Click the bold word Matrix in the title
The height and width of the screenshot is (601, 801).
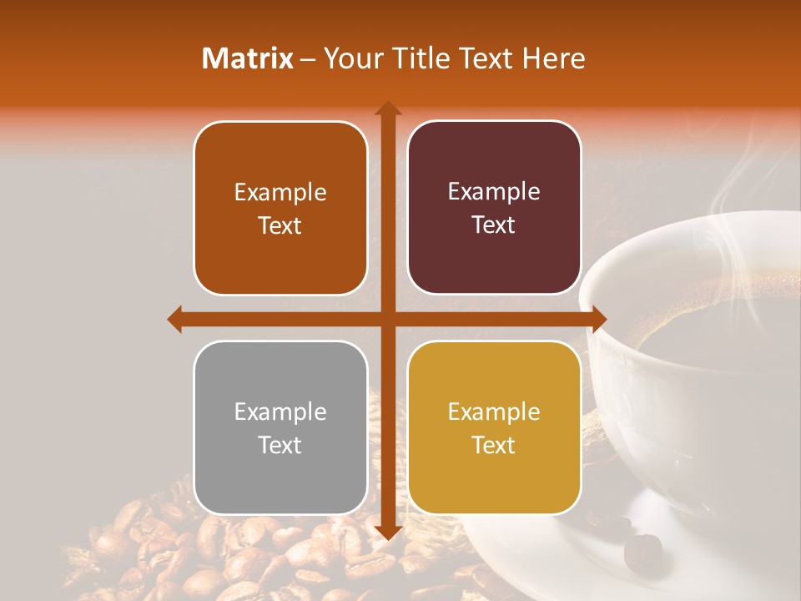click(248, 58)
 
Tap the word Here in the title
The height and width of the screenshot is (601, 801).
click(553, 58)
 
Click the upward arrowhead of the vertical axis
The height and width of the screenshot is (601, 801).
click(387, 108)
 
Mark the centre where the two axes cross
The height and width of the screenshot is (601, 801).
click(387, 319)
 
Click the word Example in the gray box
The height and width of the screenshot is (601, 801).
click(280, 412)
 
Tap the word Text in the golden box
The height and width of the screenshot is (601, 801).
click(494, 445)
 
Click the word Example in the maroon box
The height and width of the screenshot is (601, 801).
click(494, 191)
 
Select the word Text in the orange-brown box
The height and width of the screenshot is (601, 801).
click(280, 225)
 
